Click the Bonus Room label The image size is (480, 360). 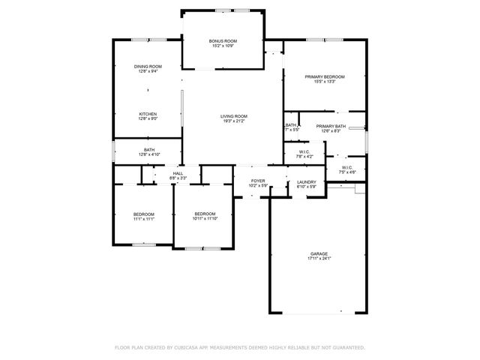[223, 40]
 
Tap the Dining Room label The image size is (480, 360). [147, 67]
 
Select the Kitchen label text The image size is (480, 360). [147, 113]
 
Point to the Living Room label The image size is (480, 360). [234, 116]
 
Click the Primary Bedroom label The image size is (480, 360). [325, 76]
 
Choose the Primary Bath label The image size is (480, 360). [331, 126]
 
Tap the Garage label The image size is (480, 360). [319, 254]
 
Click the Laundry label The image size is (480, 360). [306, 181]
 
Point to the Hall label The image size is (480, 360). [178, 173]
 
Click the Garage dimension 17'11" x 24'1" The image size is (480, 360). [319, 259]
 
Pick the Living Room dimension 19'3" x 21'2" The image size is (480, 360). [234, 121]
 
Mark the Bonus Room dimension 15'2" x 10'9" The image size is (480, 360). [223, 46]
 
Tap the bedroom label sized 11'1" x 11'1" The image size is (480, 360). [144, 214]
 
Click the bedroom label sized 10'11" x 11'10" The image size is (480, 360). [205, 214]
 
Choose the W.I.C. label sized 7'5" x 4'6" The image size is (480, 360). [347, 168]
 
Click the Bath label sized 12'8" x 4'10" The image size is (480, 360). [149, 150]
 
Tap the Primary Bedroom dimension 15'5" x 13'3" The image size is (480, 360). [325, 82]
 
